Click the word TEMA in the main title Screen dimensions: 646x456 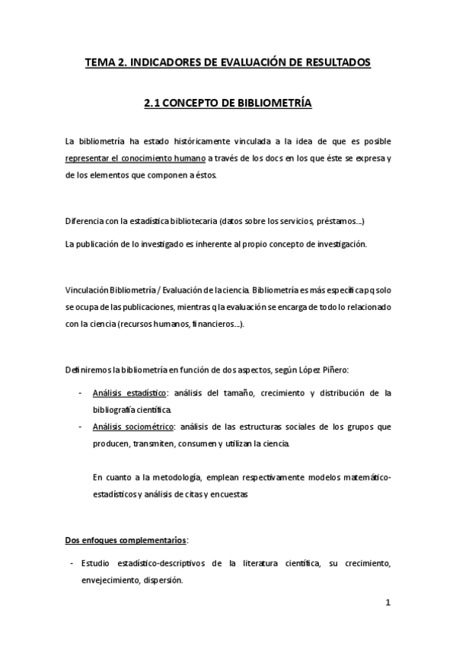(101, 62)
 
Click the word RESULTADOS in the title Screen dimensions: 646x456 (333, 62)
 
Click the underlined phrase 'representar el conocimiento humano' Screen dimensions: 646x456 (136, 158)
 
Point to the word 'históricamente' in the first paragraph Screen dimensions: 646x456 (196, 142)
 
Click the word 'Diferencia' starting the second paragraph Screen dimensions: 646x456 (85, 222)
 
